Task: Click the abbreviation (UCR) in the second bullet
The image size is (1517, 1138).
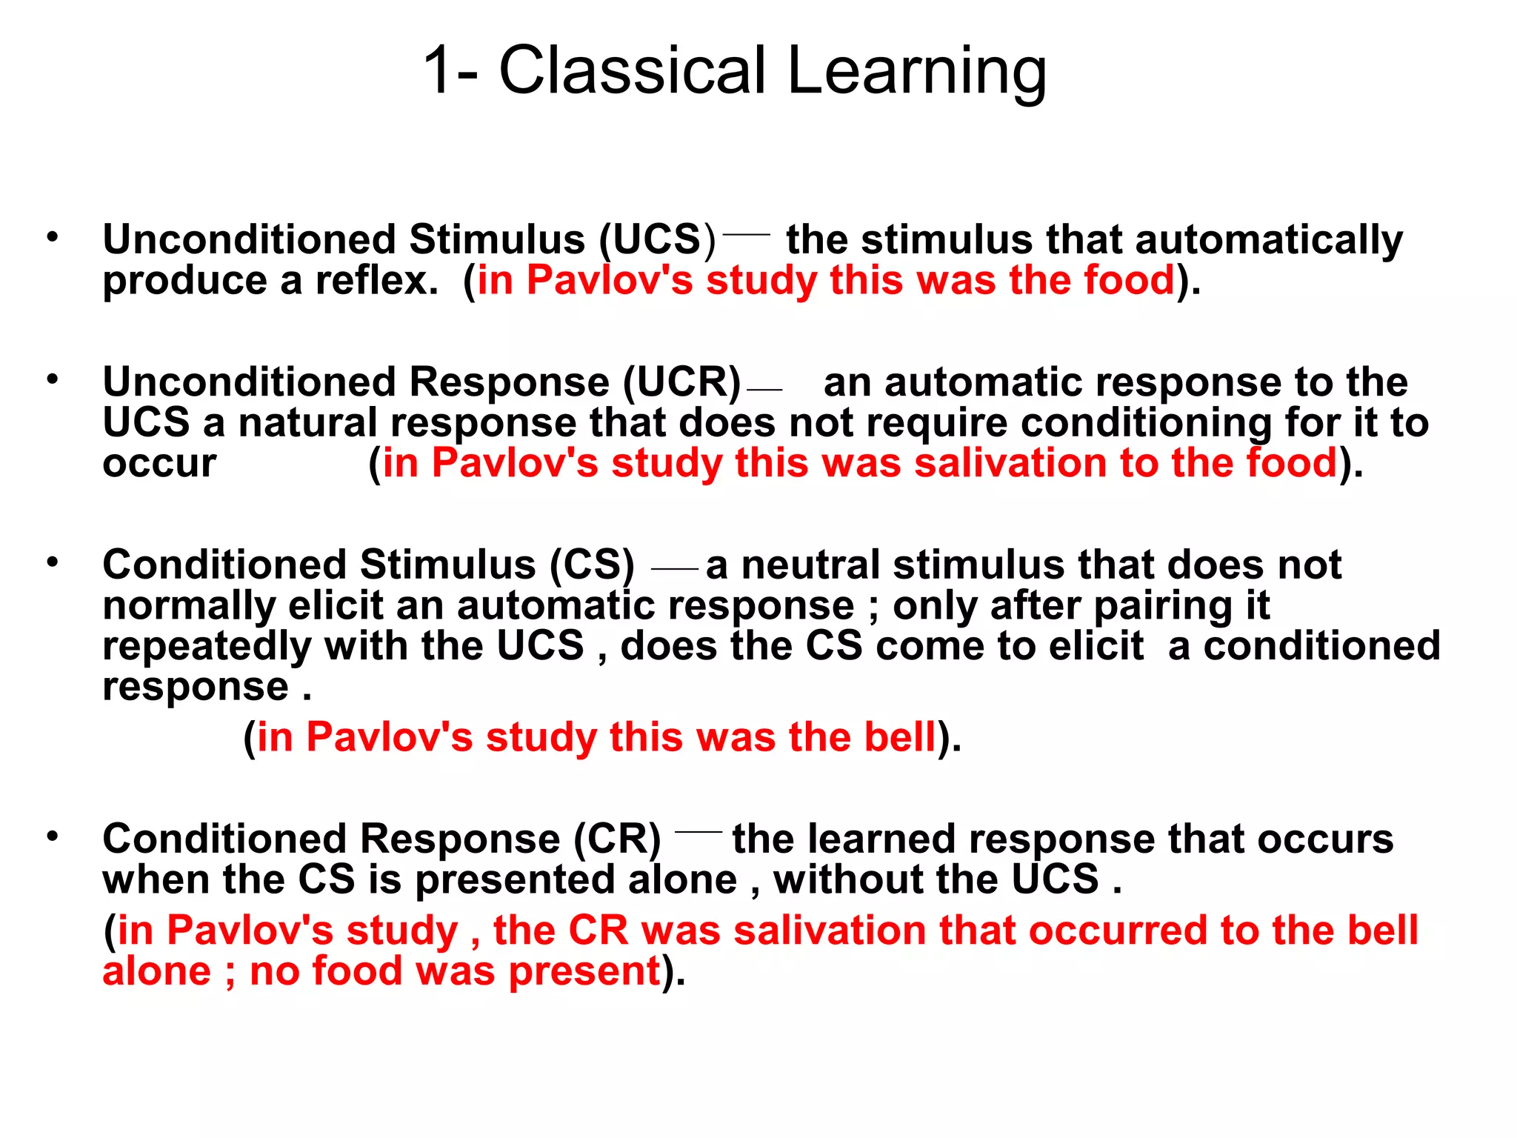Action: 681,382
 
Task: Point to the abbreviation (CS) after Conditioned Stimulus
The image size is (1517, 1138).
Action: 592,565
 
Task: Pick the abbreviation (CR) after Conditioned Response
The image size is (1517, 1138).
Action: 617,839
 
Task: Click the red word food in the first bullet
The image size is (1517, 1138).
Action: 1130,280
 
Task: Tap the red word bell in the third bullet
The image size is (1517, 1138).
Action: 901,737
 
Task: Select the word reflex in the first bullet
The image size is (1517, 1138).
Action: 376,280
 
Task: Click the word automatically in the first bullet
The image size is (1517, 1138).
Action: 1268,240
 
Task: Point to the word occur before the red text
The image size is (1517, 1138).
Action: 159,465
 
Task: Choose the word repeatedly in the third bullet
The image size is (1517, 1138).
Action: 207,648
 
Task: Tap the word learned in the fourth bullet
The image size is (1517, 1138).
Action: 881,839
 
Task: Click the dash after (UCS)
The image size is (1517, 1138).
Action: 746,234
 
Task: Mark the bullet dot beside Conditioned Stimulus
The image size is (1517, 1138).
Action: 52,562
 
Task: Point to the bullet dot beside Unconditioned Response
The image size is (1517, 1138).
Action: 52,379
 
